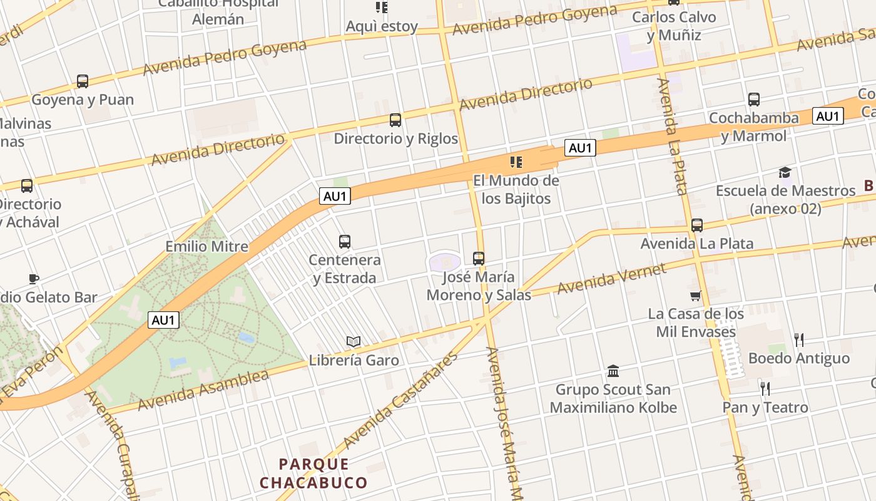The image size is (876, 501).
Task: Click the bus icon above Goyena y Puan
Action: (83, 81)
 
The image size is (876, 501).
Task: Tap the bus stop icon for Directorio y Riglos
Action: (395, 120)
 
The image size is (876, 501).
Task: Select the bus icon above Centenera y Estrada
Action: (344, 241)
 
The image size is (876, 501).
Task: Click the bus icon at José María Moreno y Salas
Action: (479, 258)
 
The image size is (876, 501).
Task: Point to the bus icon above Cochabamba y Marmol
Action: (754, 99)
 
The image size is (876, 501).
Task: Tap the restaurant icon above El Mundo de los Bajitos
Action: (516, 163)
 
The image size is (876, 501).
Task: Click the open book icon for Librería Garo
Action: (354, 341)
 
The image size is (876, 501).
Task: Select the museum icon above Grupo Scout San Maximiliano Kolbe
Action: (613, 371)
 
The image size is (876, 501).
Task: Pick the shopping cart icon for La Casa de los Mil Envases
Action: (695, 296)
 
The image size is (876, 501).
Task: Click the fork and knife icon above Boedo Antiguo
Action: (798, 340)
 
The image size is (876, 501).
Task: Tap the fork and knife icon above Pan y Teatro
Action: (765, 389)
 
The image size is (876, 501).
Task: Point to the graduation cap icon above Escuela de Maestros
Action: (785, 172)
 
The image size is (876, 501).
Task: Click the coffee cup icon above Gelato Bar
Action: (34, 279)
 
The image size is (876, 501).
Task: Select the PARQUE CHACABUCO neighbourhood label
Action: (313, 473)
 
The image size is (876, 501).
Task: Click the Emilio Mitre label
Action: (206, 246)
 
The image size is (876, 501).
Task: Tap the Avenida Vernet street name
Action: (612, 279)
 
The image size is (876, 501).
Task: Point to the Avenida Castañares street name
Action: (400, 401)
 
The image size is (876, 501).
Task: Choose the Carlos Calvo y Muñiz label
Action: (674, 26)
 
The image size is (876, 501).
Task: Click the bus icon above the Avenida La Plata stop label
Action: (697, 225)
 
